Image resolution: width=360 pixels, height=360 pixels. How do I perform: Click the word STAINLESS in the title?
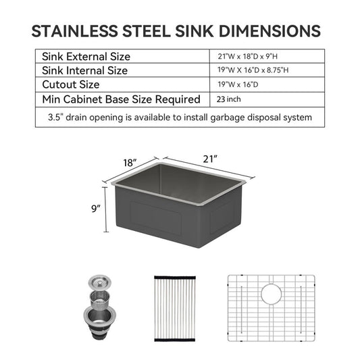[74, 31]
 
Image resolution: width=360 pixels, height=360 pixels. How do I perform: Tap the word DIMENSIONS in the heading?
[269, 31]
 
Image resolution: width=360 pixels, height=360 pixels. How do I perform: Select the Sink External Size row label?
[86, 57]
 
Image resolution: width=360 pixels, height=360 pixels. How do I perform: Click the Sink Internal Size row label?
[84, 70]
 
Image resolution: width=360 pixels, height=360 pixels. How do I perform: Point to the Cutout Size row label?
[71, 84]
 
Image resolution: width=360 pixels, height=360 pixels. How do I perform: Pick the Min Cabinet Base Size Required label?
[121, 99]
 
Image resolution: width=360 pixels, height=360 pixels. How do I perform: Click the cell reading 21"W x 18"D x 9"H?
[248, 56]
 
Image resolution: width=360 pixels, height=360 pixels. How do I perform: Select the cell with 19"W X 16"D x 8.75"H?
[253, 70]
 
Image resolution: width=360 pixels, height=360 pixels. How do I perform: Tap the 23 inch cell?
[229, 99]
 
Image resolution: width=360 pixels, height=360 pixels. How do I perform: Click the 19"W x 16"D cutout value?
[238, 84]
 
